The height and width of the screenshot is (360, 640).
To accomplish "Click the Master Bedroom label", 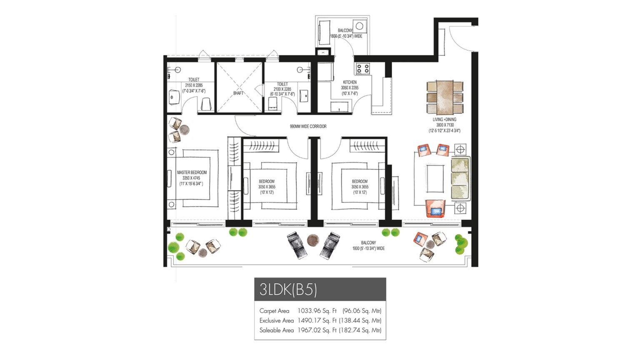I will [x=192, y=172].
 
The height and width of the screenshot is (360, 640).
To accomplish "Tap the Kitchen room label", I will [x=350, y=82].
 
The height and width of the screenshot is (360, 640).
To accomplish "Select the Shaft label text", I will [x=238, y=93].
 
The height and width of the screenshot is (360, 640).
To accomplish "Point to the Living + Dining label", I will [x=444, y=120].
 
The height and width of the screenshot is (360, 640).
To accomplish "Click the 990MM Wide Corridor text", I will [x=308, y=126].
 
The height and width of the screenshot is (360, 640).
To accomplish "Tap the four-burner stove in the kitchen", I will [x=362, y=68].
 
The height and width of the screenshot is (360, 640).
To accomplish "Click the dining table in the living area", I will [x=445, y=97].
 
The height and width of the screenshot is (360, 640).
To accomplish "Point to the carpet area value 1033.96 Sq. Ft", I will [x=317, y=311].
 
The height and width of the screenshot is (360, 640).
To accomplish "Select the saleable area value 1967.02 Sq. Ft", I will [x=317, y=330].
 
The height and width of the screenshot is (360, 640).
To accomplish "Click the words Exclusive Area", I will [x=276, y=320].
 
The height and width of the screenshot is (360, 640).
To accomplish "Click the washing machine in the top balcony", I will [x=359, y=26].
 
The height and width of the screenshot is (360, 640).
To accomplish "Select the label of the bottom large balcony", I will [x=368, y=243].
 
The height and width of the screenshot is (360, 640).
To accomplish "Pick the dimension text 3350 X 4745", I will [x=191, y=178].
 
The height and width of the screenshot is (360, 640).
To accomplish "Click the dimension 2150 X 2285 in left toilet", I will [x=194, y=85].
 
